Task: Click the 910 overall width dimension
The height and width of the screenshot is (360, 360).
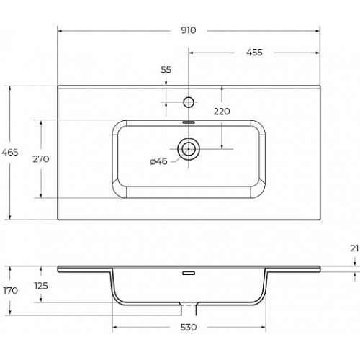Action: click(x=189, y=30)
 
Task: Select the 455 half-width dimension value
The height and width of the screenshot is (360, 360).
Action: click(x=254, y=53)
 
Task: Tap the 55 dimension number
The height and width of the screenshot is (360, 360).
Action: click(x=166, y=70)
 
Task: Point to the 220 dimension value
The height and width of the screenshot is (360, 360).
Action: click(x=222, y=112)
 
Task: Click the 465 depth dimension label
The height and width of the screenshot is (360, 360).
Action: click(x=10, y=152)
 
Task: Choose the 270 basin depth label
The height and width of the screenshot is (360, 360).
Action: click(x=41, y=159)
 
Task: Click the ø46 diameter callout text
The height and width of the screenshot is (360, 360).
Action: click(x=158, y=161)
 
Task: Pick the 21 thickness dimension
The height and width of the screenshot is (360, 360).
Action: click(x=354, y=248)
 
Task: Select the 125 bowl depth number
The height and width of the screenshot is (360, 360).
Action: click(x=41, y=286)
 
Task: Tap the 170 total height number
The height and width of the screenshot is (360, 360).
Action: click(x=11, y=291)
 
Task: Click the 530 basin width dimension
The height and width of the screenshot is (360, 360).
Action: click(x=189, y=327)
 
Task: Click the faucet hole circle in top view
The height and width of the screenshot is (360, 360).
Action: click(x=189, y=102)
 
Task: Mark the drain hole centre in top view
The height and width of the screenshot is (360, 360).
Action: click(x=189, y=149)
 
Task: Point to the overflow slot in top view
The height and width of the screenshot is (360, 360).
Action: click(x=189, y=122)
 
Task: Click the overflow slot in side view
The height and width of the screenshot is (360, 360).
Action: click(x=189, y=273)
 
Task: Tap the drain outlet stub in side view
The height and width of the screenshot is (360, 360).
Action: click(x=189, y=309)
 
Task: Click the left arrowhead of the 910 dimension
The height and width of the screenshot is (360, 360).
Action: click(x=60, y=31)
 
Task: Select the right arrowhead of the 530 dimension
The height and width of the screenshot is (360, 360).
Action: click(x=264, y=327)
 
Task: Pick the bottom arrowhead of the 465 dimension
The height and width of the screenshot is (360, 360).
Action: click(x=10, y=217)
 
